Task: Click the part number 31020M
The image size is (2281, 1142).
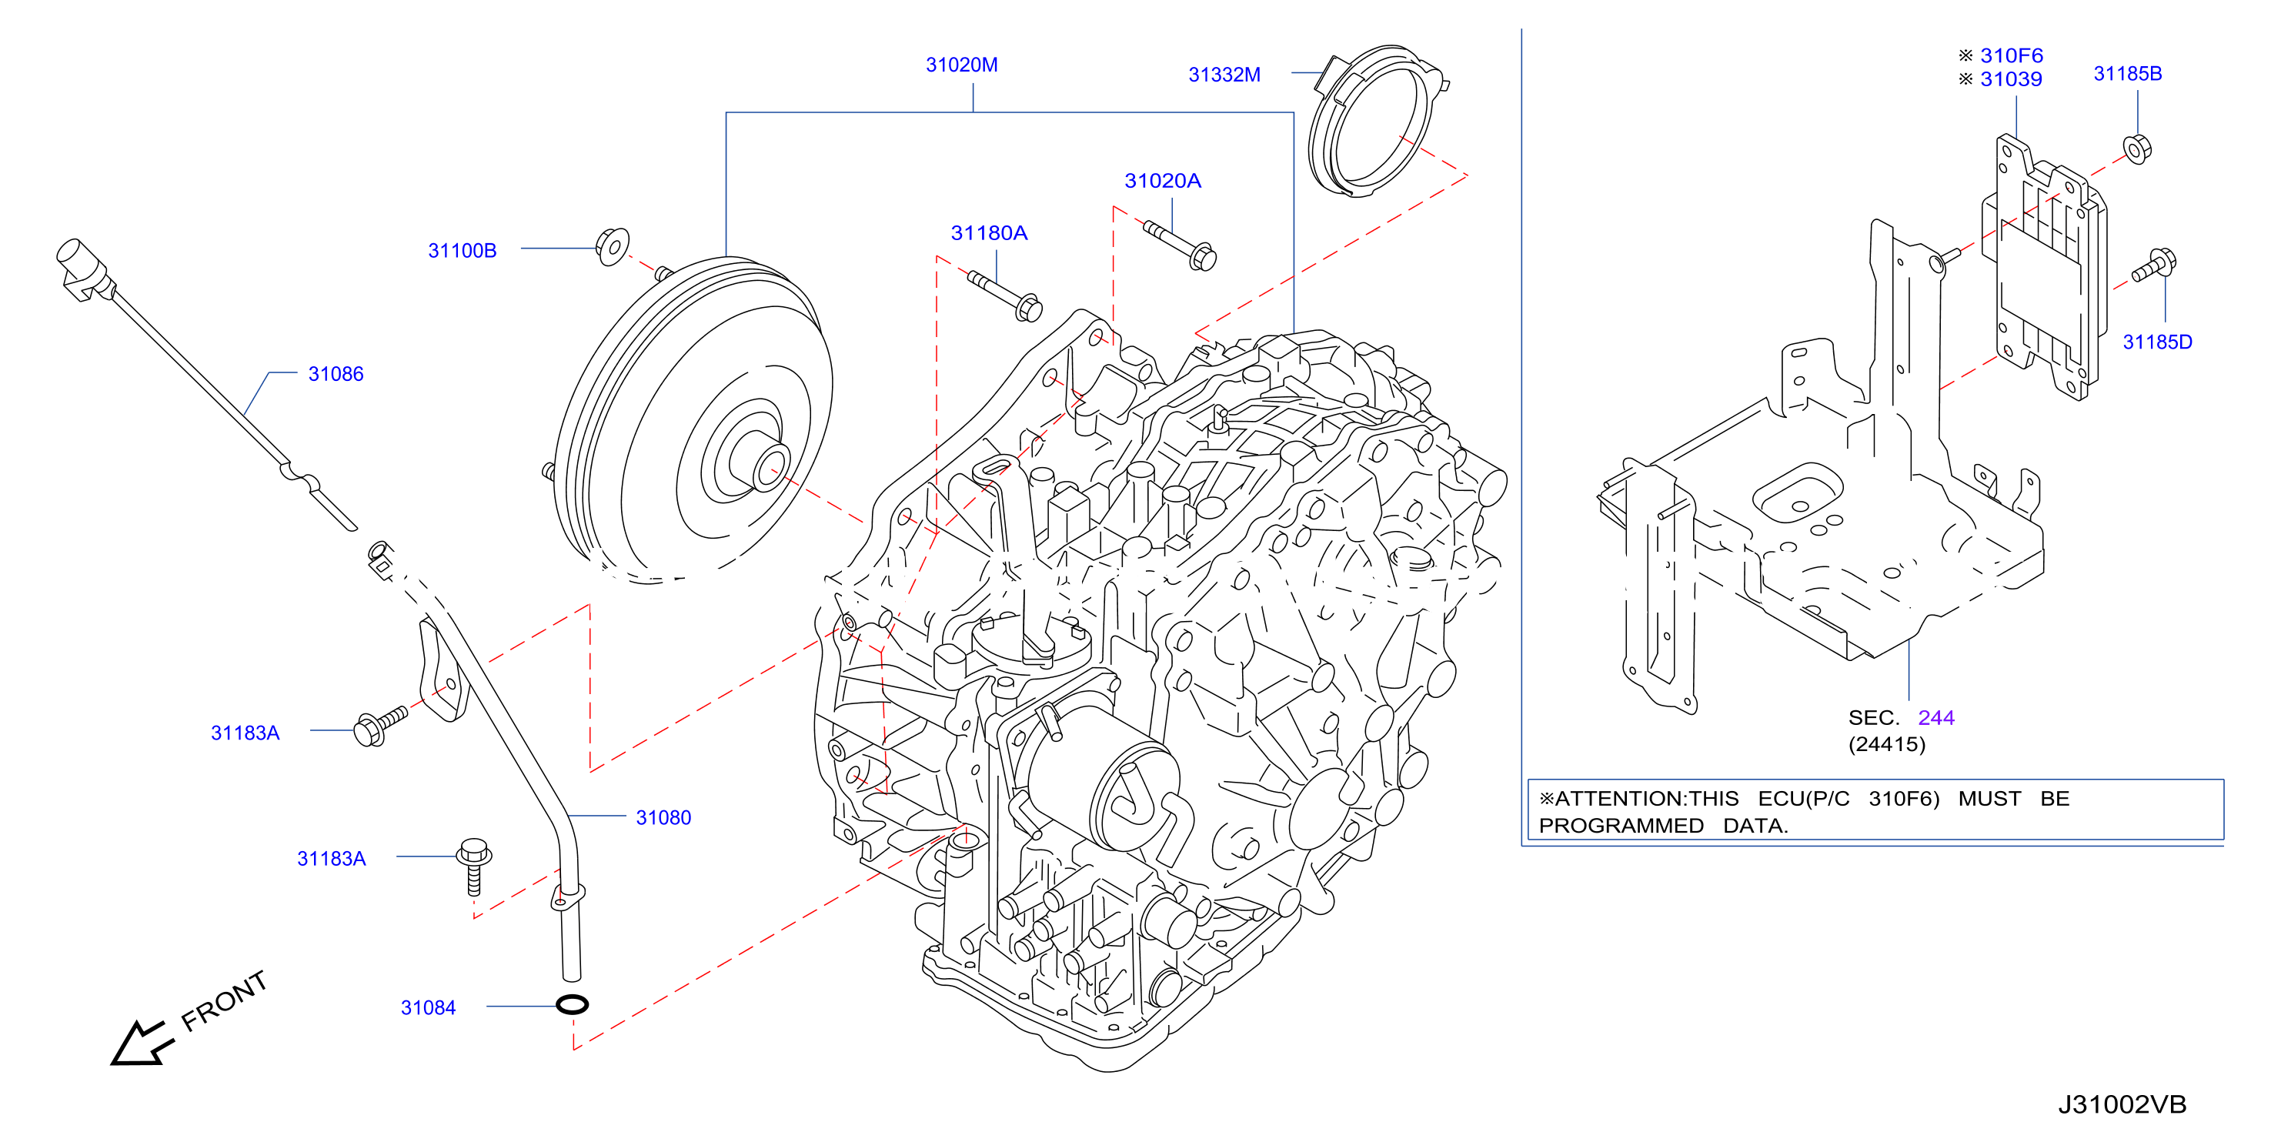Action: [962, 65]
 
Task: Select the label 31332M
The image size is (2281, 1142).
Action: [1224, 75]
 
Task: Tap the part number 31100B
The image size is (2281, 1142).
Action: [463, 251]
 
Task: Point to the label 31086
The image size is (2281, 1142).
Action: [336, 373]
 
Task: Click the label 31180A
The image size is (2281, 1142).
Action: [989, 233]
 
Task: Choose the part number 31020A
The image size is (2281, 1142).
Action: [1163, 181]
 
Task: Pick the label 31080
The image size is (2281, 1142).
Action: [663, 817]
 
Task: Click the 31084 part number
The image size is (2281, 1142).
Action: [428, 1007]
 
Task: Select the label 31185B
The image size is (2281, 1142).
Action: [2127, 73]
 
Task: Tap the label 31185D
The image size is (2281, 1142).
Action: [2157, 342]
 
